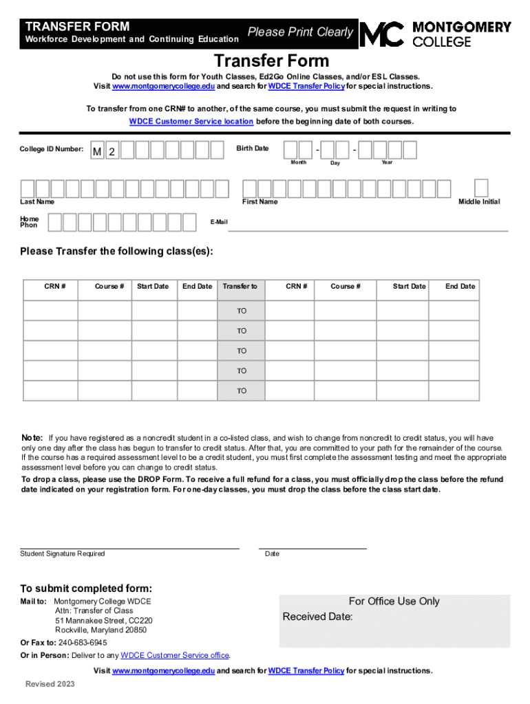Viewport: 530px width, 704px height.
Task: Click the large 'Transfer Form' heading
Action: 271,60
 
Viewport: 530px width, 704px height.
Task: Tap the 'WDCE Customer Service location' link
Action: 191,121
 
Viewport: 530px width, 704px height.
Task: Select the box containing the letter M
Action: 98,151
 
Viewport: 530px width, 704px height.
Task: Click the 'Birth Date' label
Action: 252,148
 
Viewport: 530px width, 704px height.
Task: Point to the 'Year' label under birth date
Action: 388,162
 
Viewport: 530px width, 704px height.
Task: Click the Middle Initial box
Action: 482,187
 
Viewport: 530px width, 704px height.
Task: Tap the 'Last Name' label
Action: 37,202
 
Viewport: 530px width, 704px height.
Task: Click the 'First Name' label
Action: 259,202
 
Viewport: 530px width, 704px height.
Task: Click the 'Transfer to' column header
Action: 240,287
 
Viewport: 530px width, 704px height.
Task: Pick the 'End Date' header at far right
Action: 460,287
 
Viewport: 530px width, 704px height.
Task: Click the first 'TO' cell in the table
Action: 242,311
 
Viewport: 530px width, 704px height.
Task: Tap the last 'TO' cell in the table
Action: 242,390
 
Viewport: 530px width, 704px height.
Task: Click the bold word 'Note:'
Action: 32,438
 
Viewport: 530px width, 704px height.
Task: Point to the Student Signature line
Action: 129,547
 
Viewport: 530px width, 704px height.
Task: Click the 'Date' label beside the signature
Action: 272,554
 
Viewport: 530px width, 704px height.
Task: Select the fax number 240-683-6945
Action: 83,643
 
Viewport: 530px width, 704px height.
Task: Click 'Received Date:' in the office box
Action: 317,617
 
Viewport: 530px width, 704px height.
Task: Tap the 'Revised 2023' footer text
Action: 50,684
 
